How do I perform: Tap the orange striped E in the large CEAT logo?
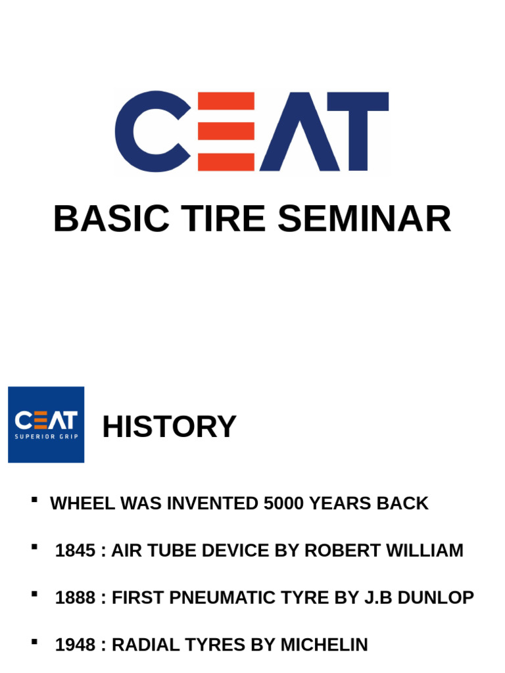pyautogui.click(x=226, y=131)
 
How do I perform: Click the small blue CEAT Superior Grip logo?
pyautogui.click(x=46, y=425)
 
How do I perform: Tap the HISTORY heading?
pyautogui.click(x=169, y=427)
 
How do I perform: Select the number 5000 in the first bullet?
pyautogui.click(x=283, y=503)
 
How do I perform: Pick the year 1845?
pyautogui.click(x=75, y=551)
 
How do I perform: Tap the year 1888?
pyautogui.click(x=75, y=598)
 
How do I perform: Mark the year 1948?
pyautogui.click(x=75, y=645)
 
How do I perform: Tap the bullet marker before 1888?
pyautogui.click(x=34, y=594)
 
